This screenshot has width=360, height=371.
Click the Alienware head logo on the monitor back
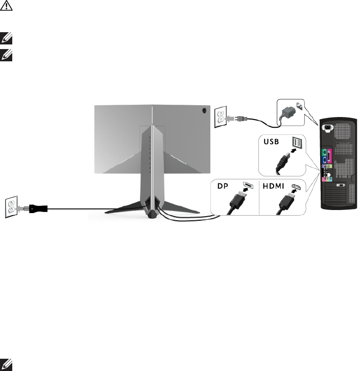pyautogui.click(x=204, y=110)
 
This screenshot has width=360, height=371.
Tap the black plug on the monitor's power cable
pyautogui.click(x=37, y=208)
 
